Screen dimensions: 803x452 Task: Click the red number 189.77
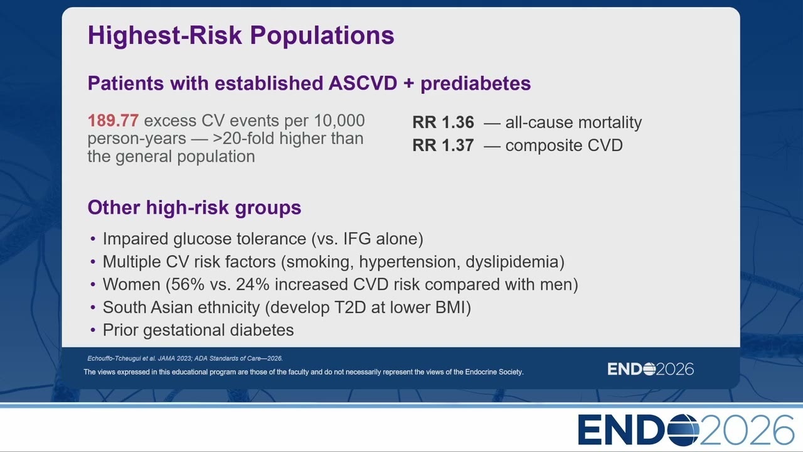click(113, 121)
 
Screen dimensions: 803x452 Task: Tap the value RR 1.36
click(443, 122)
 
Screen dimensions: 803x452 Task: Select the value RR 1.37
click(443, 145)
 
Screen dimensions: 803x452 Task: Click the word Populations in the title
click(322, 36)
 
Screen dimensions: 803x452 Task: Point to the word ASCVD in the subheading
click(363, 83)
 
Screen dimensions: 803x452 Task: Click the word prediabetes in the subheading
click(476, 84)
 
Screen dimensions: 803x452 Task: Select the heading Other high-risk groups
click(194, 208)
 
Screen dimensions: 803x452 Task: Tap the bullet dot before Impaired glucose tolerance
click(93, 239)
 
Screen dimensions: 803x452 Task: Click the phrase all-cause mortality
click(573, 122)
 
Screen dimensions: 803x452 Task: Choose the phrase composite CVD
click(564, 146)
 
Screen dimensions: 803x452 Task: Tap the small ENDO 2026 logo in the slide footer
click(651, 369)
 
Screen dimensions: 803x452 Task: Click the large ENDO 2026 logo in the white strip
click(686, 430)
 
